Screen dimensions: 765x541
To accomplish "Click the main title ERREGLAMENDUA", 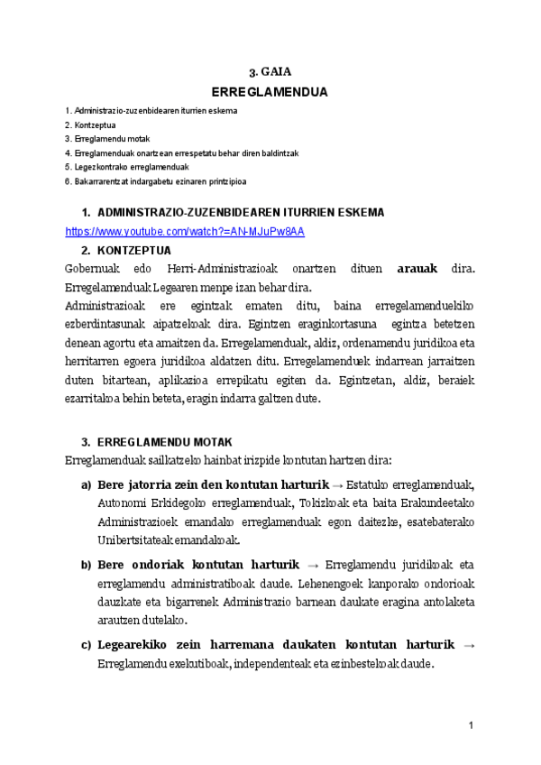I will pyautogui.click(x=270, y=92).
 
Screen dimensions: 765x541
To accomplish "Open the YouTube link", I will pyautogui.click(x=185, y=232).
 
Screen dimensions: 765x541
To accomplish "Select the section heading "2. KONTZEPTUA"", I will pyautogui.click(x=133, y=250).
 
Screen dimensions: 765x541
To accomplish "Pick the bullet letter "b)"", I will pyautogui.click(x=87, y=566).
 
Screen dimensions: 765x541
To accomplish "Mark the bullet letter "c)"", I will pyautogui.click(x=87, y=644).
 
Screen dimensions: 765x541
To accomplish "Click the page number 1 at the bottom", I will pyautogui.click(x=471, y=726).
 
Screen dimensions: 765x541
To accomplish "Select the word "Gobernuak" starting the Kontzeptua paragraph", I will pyautogui.click(x=91, y=269).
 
